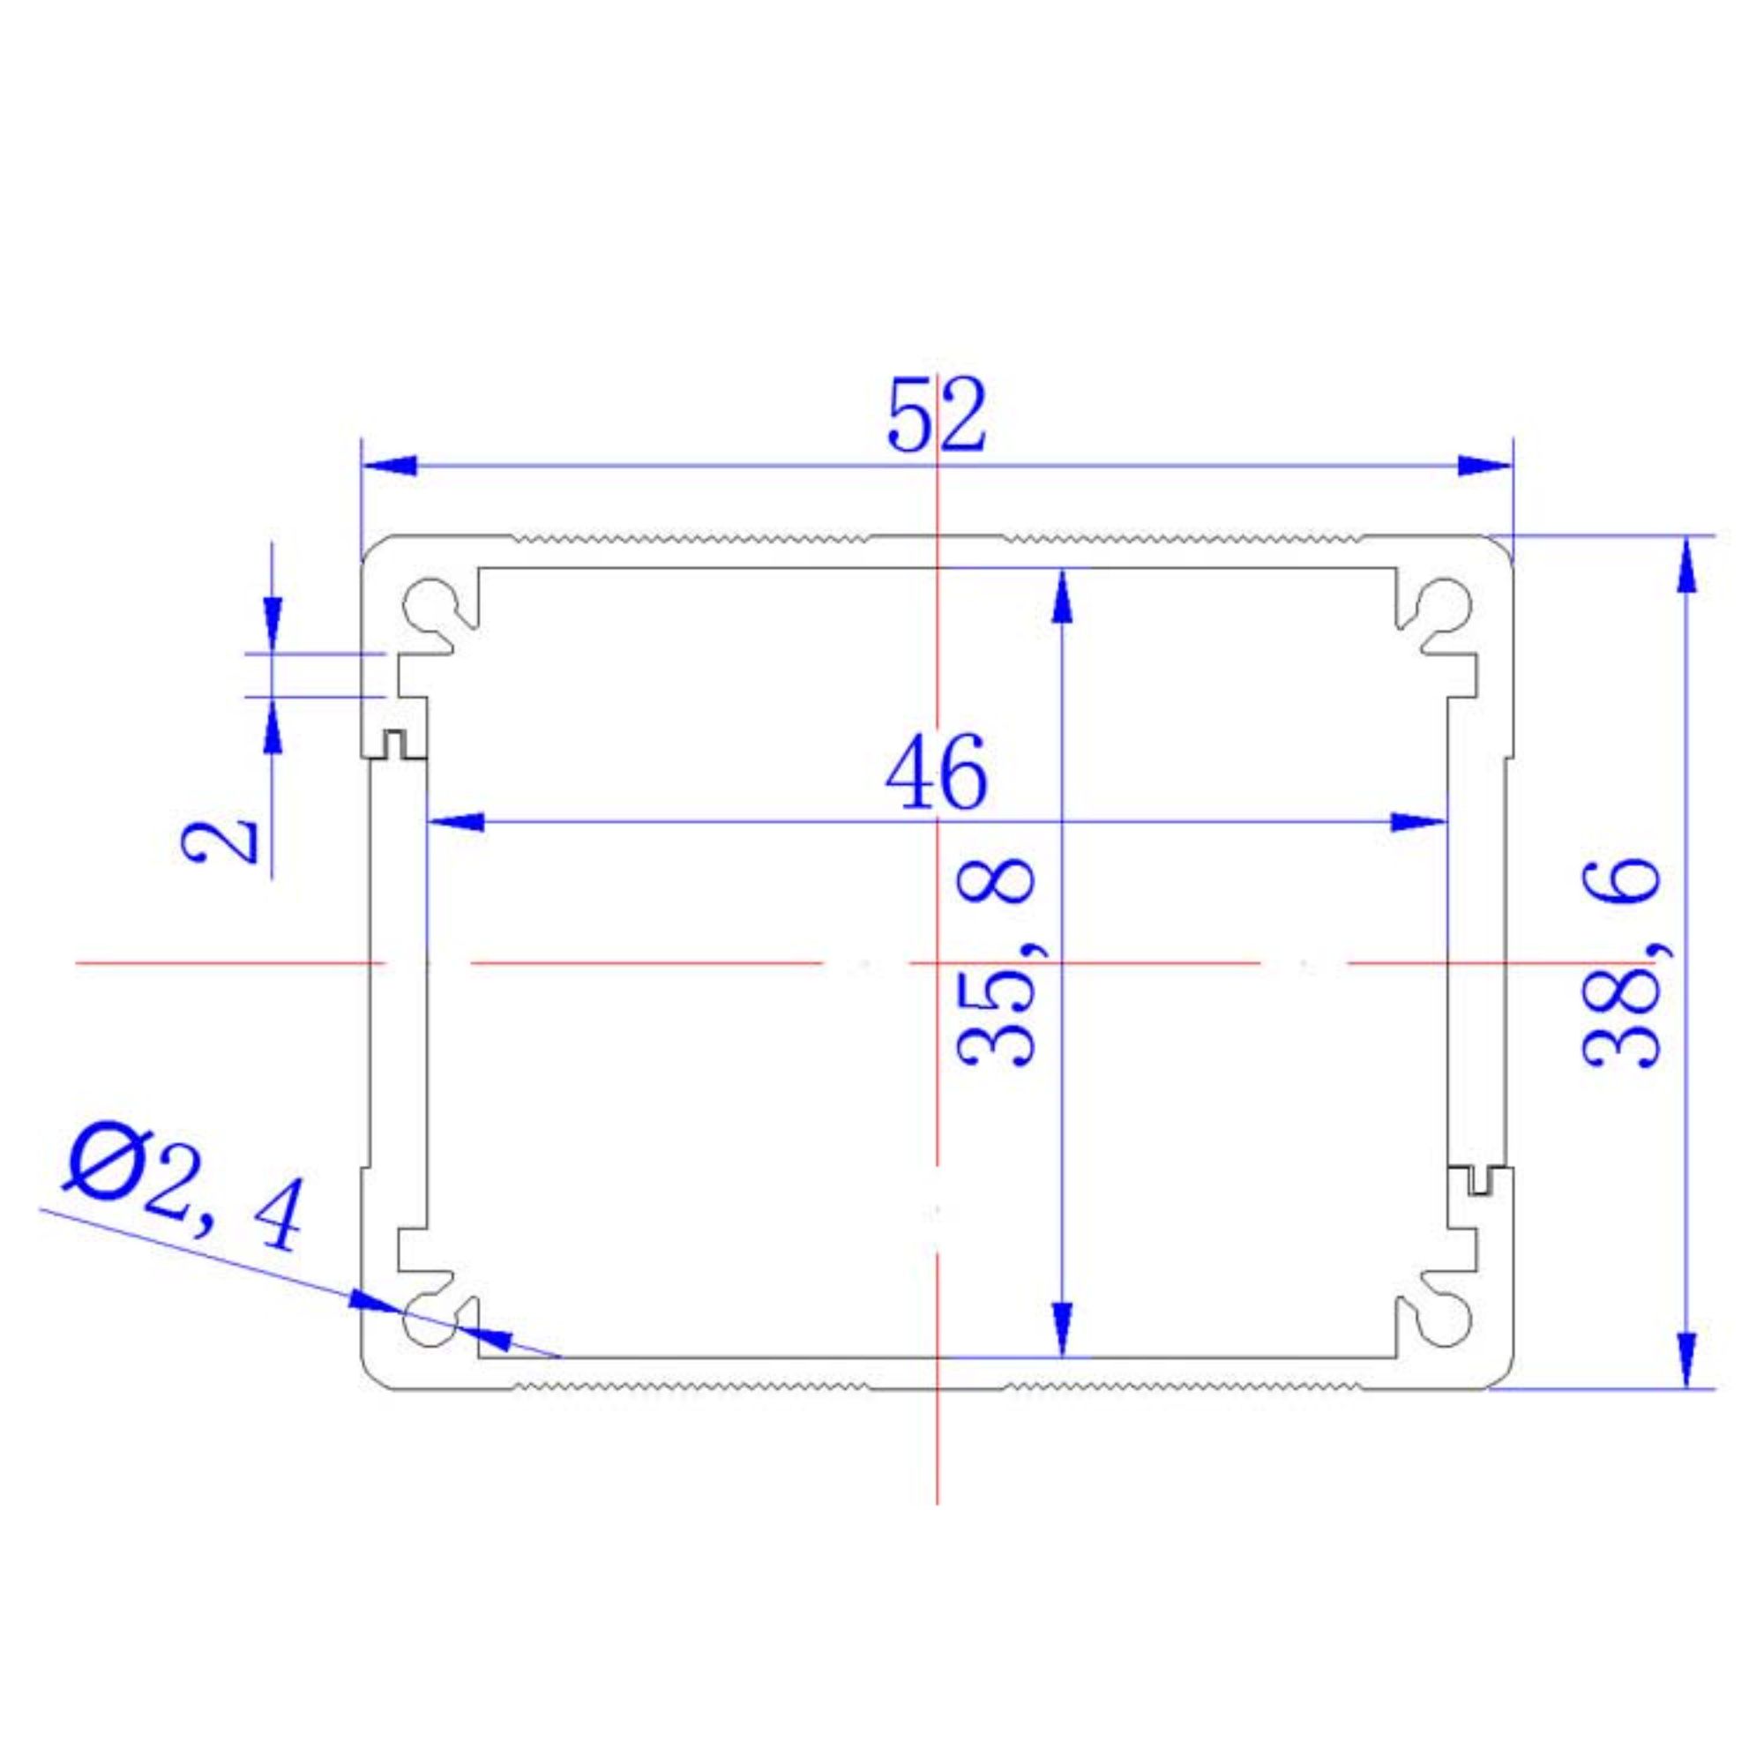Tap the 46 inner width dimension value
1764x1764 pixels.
[x=936, y=772]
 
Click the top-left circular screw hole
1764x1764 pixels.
[x=430, y=603]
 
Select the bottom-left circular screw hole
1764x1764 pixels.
[x=430, y=1321]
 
